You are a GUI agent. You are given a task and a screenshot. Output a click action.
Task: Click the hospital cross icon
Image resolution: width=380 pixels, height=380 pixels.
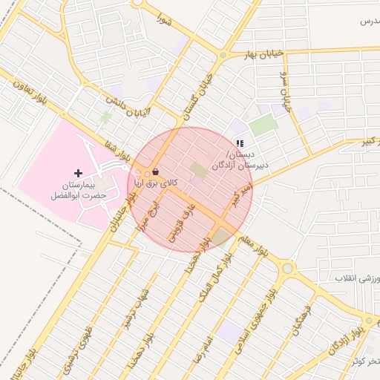tap(78, 172)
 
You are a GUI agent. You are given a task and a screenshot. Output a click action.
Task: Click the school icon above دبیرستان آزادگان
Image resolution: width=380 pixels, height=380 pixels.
tap(239, 143)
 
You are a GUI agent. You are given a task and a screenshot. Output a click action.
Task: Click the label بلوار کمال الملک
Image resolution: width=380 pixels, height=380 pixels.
tap(214, 275)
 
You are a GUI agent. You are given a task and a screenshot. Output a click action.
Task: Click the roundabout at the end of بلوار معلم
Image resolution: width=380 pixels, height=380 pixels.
tap(287, 269)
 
